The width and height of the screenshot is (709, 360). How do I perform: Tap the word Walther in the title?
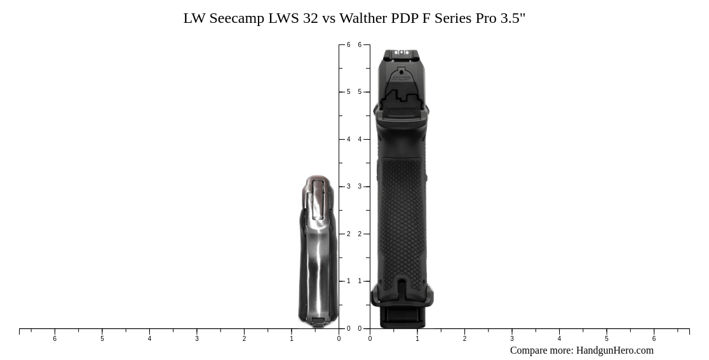pyautogui.click(x=361, y=18)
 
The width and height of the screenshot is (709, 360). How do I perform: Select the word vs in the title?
pyautogui.click(x=328, y=18)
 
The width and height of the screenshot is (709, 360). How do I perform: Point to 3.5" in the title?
pyautogui.click(x=513, y=18)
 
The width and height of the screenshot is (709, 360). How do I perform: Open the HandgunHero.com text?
pyautogui.click(x=614, y=350)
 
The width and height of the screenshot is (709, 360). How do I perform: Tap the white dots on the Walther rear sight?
pyautogui.click(x=401, y=53)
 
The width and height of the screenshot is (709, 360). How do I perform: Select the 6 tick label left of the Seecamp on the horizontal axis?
pyautogui.click(x=55, y=339)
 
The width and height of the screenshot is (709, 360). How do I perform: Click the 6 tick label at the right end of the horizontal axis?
pyautogui.click(x=654, y=339)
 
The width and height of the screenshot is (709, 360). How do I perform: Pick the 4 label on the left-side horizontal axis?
pyautogui.click(x=149, y=339)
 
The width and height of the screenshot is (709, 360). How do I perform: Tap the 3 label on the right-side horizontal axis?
pyautogui.click(x=512, y=339)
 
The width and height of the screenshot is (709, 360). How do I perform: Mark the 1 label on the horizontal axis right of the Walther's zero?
pyautogui.click(x=417, y=339)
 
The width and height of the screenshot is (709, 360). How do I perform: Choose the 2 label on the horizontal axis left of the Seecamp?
pyautogui.click(x=244, y=339)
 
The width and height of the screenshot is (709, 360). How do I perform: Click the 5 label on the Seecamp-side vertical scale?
pyautogui.click(x=348, y=92)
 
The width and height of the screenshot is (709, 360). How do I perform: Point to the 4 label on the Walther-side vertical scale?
pyautogui.click(x=360, y=140)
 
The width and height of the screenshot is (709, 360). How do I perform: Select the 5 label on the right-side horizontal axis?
pyautogui.click(x=607, y=339)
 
